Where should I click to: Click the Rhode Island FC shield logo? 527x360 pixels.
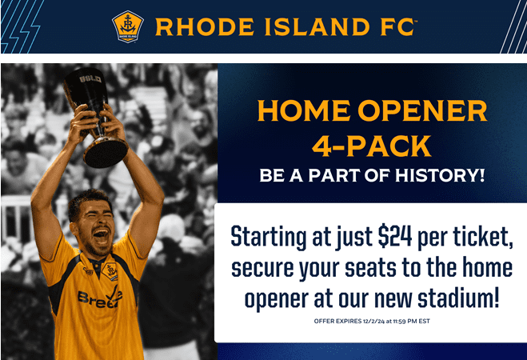(x=128, y=26)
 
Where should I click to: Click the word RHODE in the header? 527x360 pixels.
(x=205, y=27)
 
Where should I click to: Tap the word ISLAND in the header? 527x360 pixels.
(x=317, y=27)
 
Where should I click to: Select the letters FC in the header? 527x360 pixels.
(x=398, y=27)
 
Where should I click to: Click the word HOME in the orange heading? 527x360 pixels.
(x=304, y=110)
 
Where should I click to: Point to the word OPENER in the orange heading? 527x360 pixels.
(x=423, y=110)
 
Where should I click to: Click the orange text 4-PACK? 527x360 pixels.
(x=371, y=146)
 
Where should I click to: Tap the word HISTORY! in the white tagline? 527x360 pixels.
(x=440, y=175)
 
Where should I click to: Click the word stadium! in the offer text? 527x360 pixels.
(x=458, y=298)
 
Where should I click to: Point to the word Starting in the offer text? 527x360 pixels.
(x=269, y=238)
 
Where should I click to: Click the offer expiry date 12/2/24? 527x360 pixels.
(x=373, y=321)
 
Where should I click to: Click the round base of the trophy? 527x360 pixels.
(x=106, y=153)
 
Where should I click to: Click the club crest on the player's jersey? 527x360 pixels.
(x=110, y=270)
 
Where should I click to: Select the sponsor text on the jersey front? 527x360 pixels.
(x=100, y=298)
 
